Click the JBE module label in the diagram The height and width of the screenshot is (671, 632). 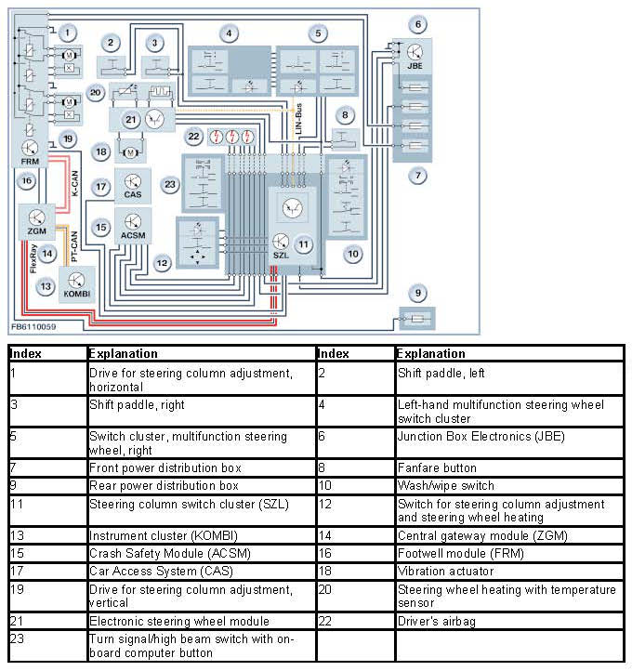[x=415, y=67]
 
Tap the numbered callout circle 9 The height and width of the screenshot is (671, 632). [x=419, y=294]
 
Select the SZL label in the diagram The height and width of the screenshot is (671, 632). [x=280, y=255]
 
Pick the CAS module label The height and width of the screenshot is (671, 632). [x=132, y=197]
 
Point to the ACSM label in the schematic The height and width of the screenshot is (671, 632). [x=133, y=236]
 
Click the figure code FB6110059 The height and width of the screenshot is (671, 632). [x=33, y=326]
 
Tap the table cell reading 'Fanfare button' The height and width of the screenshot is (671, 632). [x=437, y=468]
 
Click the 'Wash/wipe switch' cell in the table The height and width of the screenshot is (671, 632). [x=445, y=486]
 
